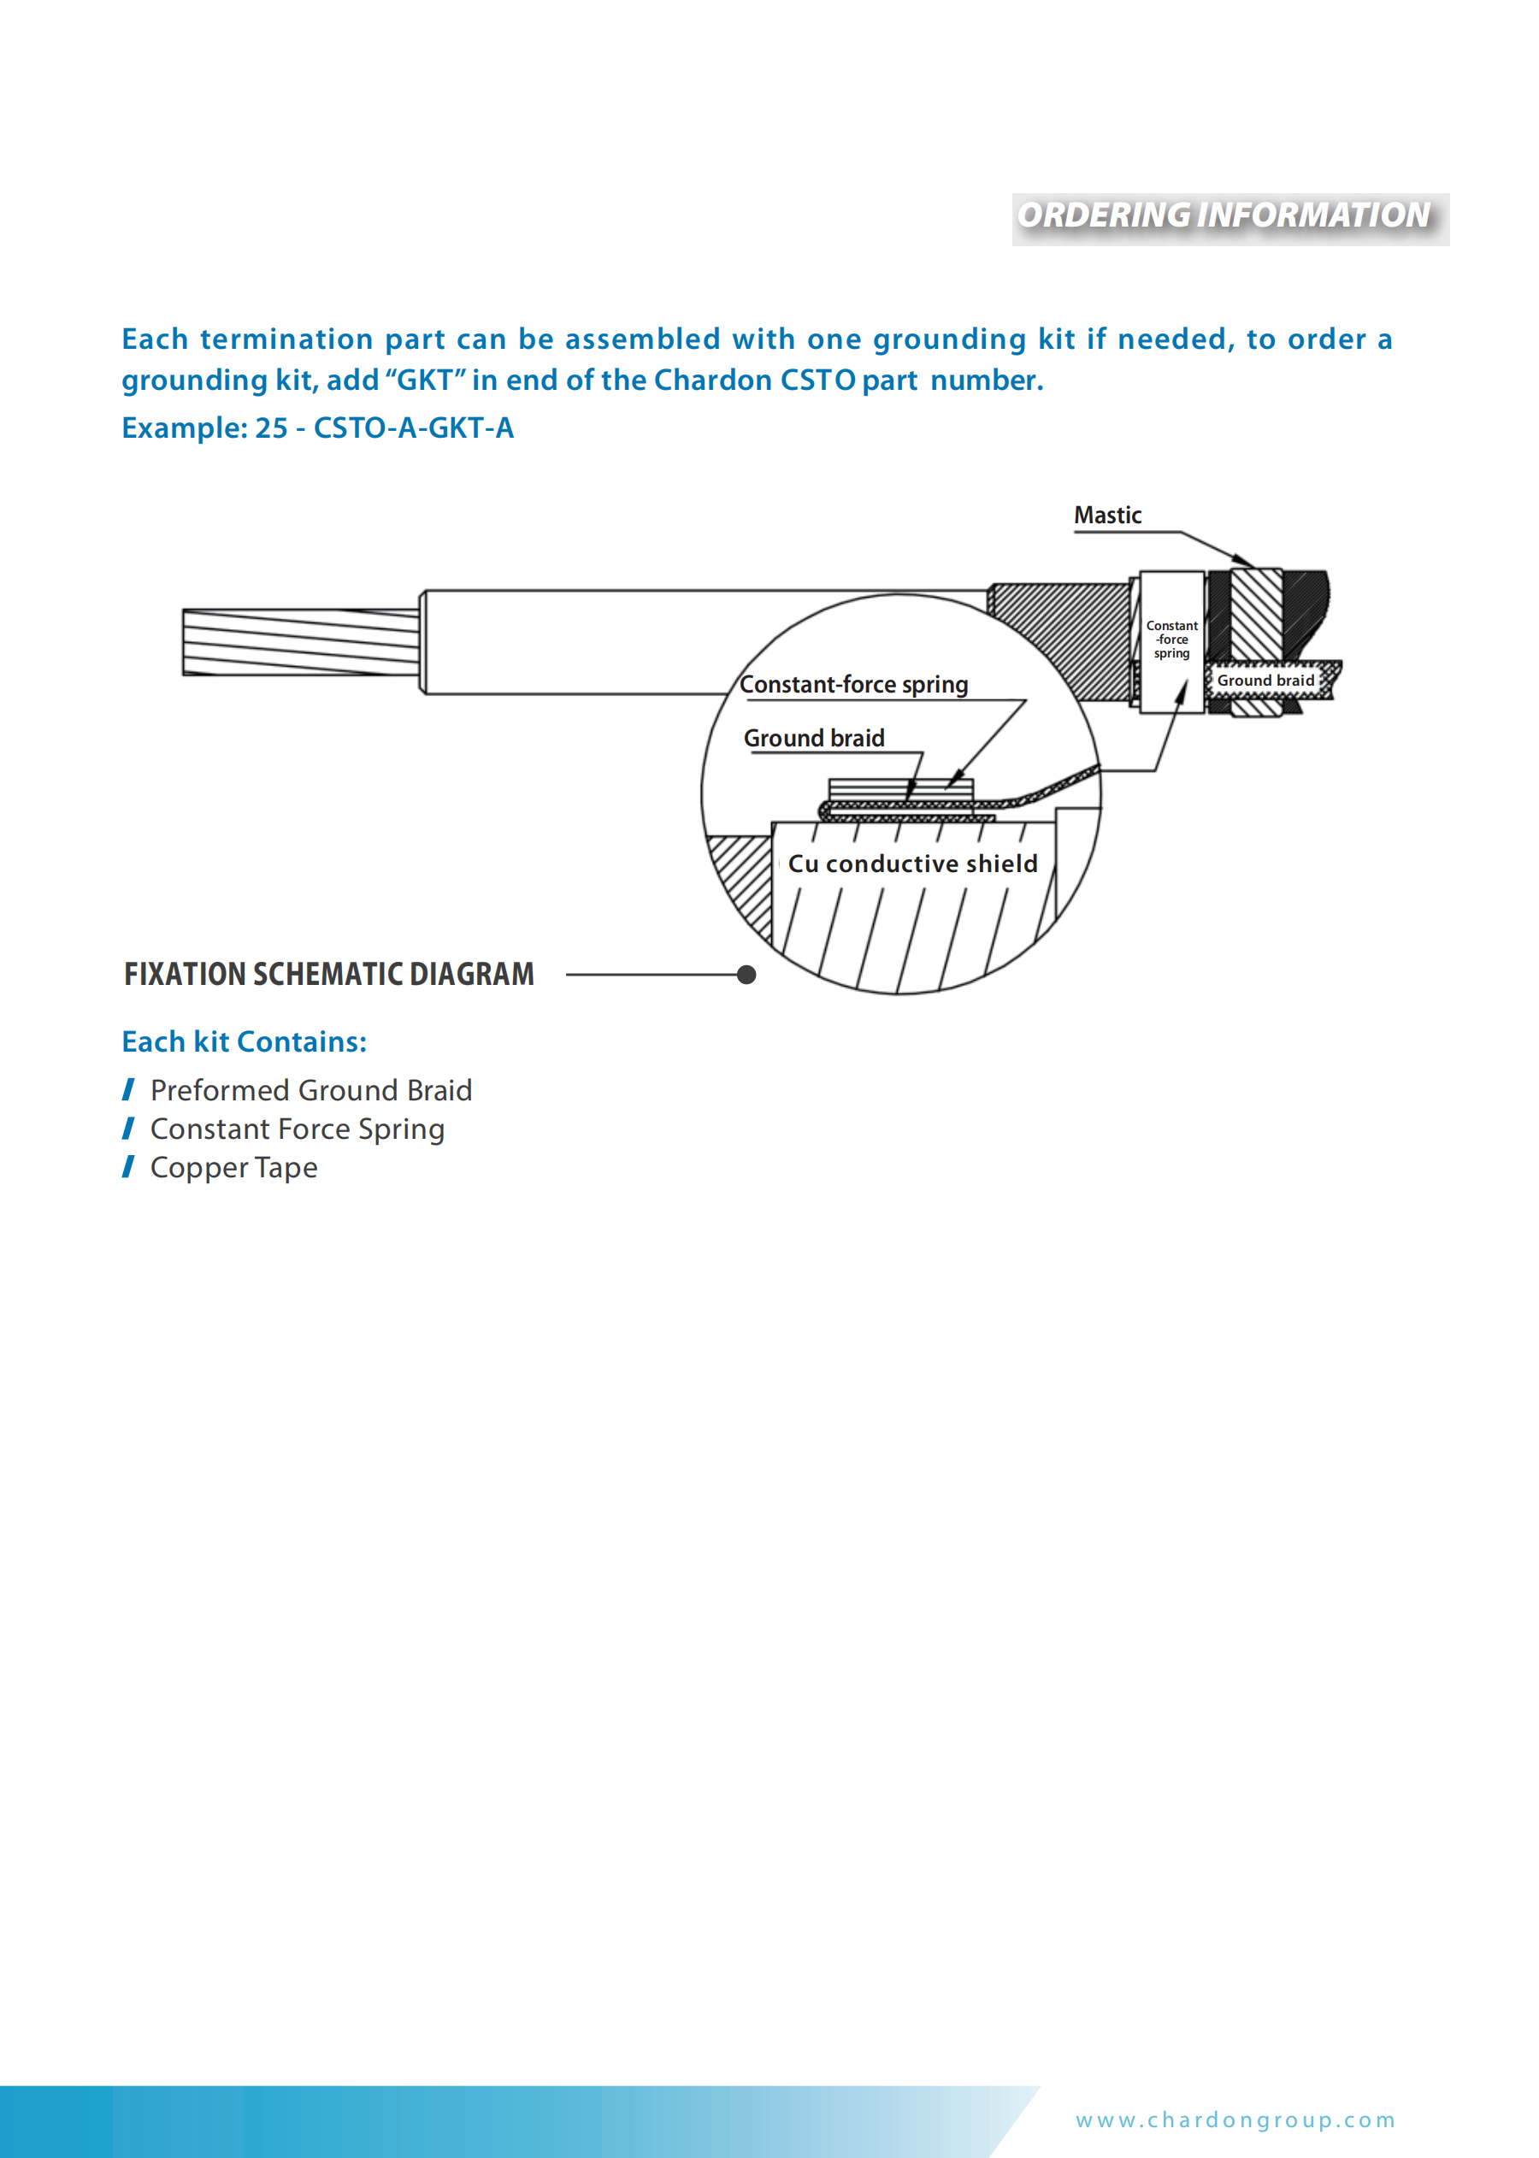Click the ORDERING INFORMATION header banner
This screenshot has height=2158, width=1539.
1229,218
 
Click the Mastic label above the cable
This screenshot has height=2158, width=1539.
1107,516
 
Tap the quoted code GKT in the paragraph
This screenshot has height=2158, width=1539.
425,380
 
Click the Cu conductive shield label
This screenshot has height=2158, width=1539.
911,864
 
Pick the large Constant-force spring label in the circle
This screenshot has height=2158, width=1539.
853,684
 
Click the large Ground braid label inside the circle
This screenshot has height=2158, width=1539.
813,739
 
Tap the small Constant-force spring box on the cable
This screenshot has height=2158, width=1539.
1171,640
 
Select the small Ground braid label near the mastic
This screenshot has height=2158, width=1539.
1265,681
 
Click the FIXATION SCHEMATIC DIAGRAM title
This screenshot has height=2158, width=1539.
329,975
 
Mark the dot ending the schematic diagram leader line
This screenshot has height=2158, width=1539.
746,975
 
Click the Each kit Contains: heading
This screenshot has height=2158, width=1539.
244,1041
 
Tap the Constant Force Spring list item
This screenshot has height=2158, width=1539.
297,1129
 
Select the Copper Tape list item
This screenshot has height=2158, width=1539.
233,1168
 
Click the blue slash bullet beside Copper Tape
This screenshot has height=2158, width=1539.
129,1167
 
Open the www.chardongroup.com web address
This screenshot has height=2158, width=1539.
1235,2120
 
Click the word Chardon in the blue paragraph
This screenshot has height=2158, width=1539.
712,380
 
